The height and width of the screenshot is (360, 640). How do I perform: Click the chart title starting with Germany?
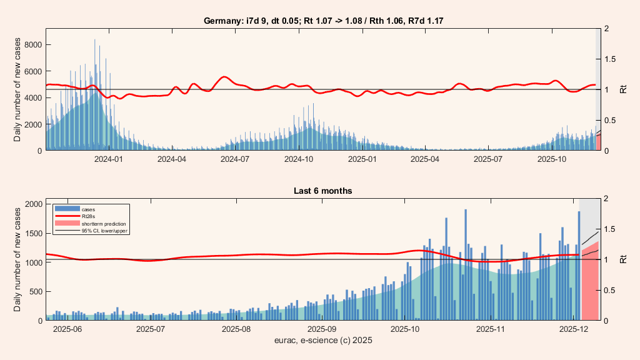(324, 21)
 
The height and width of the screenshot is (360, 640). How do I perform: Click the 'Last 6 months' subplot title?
(324, 191)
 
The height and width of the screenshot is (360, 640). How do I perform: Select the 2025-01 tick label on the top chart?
(363, 159)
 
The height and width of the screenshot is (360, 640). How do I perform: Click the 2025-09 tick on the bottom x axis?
(323, 329)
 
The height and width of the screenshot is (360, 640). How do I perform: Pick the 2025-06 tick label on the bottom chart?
(68, 329)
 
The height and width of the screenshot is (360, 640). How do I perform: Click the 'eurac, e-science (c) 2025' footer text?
(324, 341)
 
